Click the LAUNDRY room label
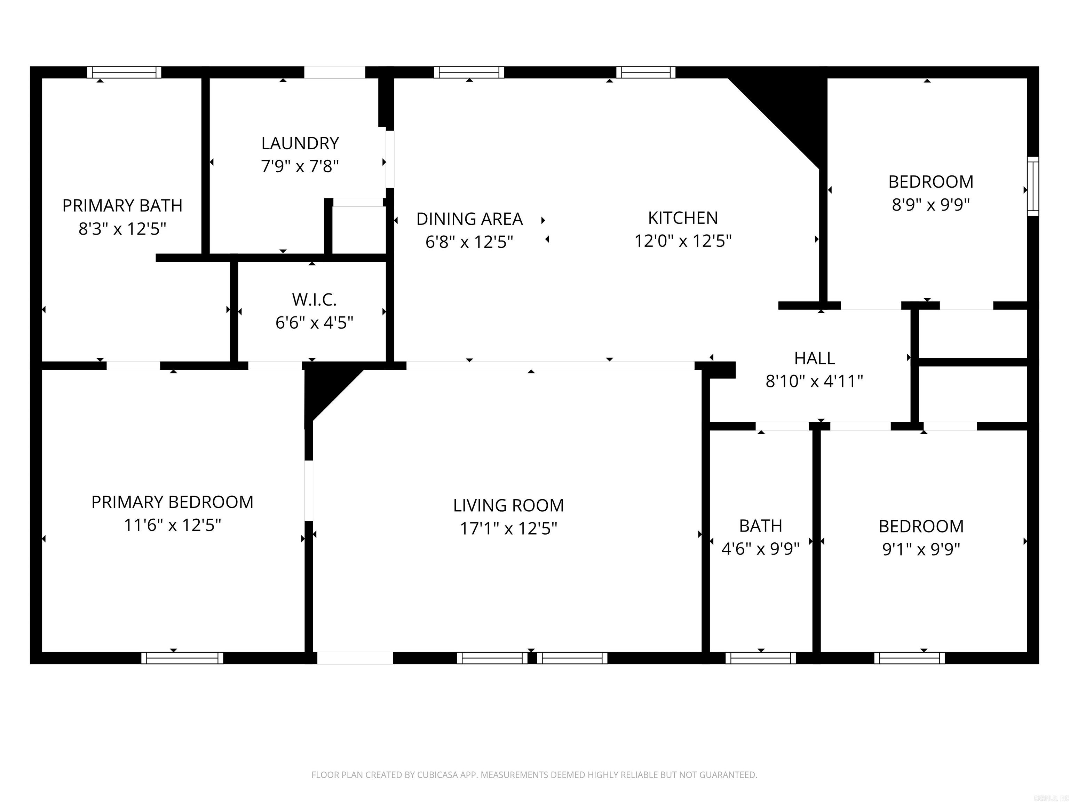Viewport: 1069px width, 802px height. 300,143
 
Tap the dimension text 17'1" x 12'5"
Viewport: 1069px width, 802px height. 508,528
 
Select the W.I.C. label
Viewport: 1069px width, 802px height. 314,300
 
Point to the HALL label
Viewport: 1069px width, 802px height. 814,358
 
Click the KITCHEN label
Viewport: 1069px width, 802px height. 682,218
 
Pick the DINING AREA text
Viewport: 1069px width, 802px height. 469,219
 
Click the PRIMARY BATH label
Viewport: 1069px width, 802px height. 122,205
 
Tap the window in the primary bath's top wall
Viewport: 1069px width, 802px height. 124,72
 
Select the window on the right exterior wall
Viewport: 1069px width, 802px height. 1033,186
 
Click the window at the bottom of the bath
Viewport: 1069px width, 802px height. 761,658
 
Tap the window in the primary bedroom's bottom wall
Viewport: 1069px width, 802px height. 182,658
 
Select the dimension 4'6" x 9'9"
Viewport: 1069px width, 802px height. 760,549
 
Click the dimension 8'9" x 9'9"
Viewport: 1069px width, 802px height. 930,204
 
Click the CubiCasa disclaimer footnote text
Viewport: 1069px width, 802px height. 534,775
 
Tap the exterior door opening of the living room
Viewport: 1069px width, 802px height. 355,658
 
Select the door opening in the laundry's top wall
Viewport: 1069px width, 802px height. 334,72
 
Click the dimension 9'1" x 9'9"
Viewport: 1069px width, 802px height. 921,549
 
